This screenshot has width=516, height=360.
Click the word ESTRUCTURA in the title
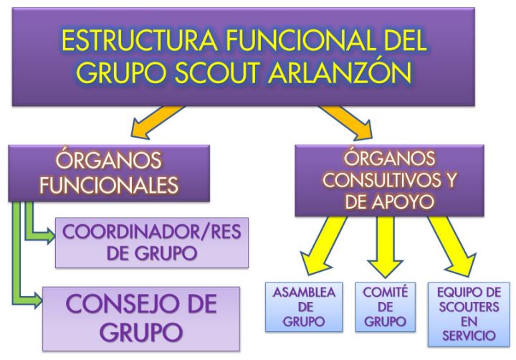pyautogui.click(x=139, y=40)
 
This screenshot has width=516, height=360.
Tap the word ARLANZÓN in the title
pyautogui.click(x=340, y=72)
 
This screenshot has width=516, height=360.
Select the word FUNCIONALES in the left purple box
pyautogui.click(x=109, y=185)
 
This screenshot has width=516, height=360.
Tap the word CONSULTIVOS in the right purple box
pyautogui.click(x=378, y=180)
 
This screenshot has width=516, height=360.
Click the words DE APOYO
pyautogui.click(x=389, y=202)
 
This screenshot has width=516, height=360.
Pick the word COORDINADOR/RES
pyautogui.click(x=152, y=232)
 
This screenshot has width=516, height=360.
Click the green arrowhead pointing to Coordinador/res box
pyautogui.click(x=50, y=236)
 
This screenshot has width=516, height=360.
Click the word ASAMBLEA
pyautogui.click(x=304, y=293)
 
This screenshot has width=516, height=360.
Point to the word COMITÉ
pyautogui.click(x=386, y=292)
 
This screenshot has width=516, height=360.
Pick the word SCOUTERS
pyautogui.click(x=469, y=307)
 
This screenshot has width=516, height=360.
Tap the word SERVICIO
pyautogui.click(x=469, y=336)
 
